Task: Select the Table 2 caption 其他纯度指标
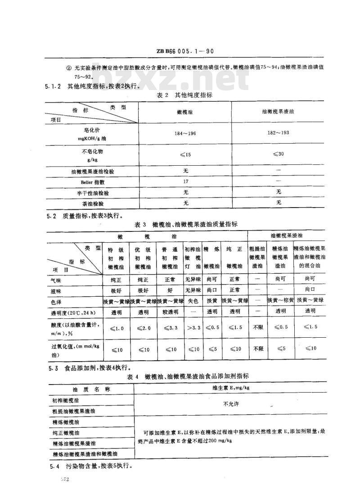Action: (184, 95)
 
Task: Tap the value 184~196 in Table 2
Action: (185, 133)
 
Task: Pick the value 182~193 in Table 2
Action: (278, 133)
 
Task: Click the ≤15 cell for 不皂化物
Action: (185, 154)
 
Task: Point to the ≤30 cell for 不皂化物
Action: (278, 154)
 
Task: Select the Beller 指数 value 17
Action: (185, 182)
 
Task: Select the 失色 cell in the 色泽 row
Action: (193, 300)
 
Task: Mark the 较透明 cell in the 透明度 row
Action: (170, 311)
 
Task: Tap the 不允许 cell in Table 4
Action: (231, 404)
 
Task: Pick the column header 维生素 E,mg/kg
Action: (231, 387)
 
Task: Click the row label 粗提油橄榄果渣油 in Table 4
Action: (74, 411)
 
